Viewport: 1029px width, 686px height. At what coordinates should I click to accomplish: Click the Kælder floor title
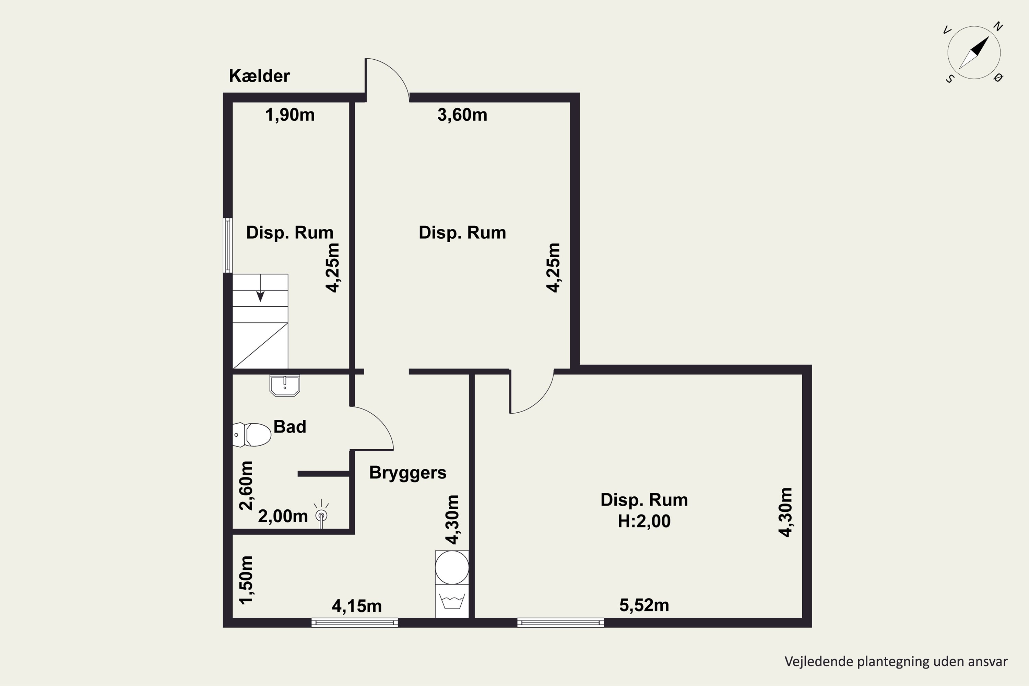(x=259, y=76)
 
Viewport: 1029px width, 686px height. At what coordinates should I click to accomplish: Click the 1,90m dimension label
(x=289, y=115)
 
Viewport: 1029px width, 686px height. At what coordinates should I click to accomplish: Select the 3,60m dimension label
(x=462, y=115)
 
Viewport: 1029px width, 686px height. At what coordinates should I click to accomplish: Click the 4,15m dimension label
(x=357, y=606)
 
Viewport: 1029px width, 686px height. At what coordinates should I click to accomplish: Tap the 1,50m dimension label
(x=246, y=580)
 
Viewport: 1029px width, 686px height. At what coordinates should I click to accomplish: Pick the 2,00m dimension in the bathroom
(x=283, y=517)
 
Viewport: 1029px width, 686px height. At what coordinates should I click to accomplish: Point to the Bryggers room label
(x=407, y=473)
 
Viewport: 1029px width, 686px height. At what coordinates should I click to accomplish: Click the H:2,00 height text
(x=643, y=521)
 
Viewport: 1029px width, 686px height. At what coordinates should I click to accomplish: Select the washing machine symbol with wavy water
(x=451, y=602)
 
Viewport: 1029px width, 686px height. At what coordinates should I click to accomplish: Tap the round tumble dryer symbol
(x=451, y=567)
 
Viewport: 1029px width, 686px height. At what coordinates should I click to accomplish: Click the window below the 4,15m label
(x=354, y=623)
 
